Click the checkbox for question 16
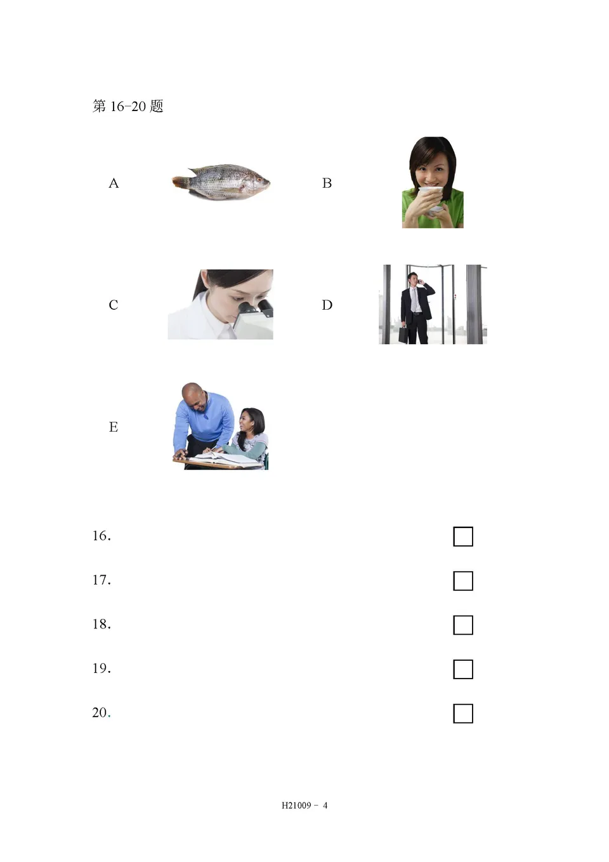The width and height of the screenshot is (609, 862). [463, 536]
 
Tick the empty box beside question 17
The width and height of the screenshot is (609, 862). [463, 581]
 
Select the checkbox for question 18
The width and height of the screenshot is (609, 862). [463, 625]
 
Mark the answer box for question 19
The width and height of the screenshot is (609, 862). [463, 669]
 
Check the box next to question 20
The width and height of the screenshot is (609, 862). [463, 713]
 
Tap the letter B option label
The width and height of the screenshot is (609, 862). [327, 183]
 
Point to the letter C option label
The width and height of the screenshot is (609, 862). [114, 305]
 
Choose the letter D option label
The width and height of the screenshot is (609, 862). [327, 305]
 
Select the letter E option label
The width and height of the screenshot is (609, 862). [114, 427]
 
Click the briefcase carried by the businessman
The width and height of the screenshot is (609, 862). [403, 335]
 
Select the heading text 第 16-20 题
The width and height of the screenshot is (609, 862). [128, 106]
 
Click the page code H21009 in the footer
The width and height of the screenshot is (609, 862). [296, 806]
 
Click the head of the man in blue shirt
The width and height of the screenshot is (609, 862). [193, 396]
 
